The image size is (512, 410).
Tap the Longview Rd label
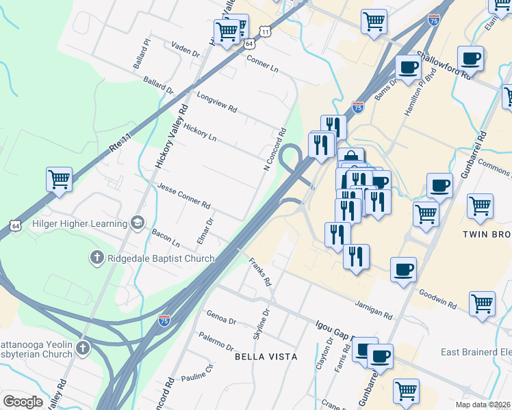tap(216, 102)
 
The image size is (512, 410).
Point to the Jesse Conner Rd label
tap(183, 195)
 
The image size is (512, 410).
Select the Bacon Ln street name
tap(166, 238)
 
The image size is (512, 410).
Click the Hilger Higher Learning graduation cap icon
tap(138, 223)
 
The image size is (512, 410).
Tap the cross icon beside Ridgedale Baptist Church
tap(97, 258)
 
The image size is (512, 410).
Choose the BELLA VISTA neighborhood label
tap(266, 357)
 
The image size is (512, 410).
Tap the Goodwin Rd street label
tap(437, 295)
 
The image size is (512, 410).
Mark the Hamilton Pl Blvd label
tap(420, 89)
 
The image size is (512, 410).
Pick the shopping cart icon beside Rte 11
tap(59, 180)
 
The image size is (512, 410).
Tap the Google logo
tap(23, 402)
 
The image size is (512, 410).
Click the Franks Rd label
tap(260, 271)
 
